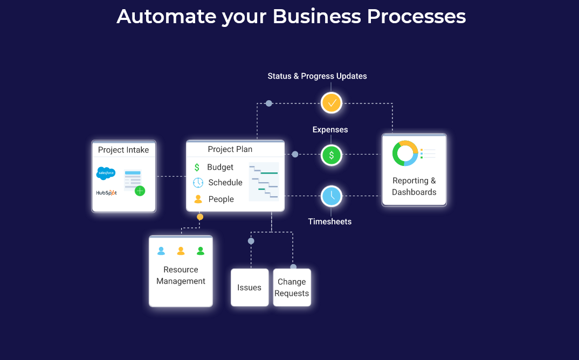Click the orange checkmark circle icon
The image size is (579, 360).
tap(332, 102)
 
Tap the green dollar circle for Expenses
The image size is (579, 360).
tap(332, 155)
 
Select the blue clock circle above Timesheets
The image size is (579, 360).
tap(332, 196)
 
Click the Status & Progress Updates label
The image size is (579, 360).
tap(317, 76)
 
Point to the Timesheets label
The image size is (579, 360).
tap(329, 221)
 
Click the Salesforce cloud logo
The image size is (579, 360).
tap(106, 173)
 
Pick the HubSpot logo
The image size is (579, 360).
tap(106, 192)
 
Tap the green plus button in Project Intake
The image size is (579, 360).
tap(140, 191)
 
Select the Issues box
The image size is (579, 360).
tap(250, 287)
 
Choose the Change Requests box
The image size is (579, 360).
tap(292, 287)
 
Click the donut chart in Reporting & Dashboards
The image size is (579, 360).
tap(405, 153)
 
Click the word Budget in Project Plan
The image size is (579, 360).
tap(220, 167)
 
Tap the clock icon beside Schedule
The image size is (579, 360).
tap(198, 183)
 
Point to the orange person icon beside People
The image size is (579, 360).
tap(198, 199)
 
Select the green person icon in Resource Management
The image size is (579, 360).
tap(201, 251)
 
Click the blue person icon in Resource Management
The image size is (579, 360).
tap(161, 251)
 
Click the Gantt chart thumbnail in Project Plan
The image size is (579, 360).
tap(264, 182)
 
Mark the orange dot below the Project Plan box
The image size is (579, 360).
tap(200, 217)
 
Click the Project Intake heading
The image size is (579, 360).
tap(123, 150)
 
